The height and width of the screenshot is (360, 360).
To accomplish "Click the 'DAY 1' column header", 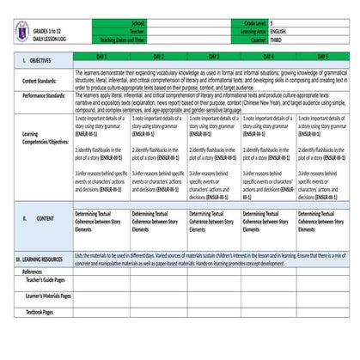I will coord(101,55).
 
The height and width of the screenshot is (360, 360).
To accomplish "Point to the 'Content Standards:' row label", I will coord(42,80).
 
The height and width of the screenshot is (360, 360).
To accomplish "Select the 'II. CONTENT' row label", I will coord(39,218).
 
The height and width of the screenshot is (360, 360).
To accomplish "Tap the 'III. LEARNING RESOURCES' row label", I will coord(40,258).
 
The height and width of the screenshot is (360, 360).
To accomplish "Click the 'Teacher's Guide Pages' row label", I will coord(47,280).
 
